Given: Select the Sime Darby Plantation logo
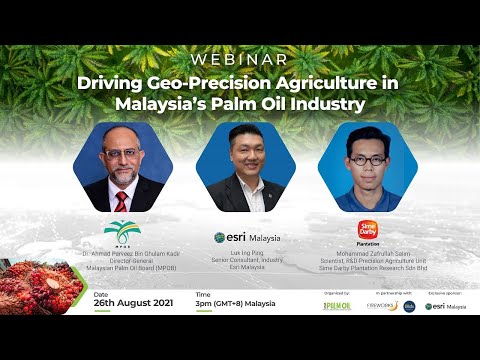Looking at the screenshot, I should (x=367, y=231).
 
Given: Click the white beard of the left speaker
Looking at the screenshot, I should (x=120, y=178).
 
